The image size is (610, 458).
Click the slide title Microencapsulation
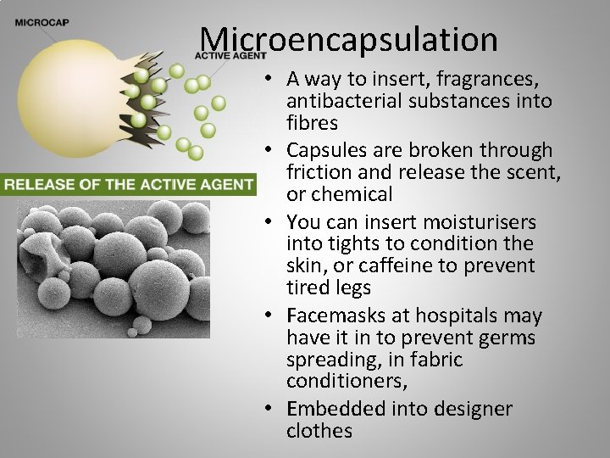pos(348,39)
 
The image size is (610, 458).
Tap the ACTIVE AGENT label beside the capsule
pos(230,55)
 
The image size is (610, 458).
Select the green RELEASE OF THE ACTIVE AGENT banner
pos(128,183)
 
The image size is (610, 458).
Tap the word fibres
pos(312,123)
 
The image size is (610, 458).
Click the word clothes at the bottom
pos(319,431)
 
